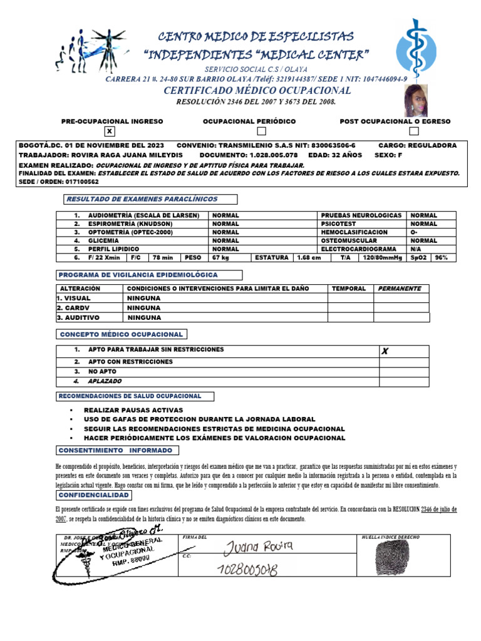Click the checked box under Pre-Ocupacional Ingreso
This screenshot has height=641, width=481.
(110, 131)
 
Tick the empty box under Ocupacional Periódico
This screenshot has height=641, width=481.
(262, 131)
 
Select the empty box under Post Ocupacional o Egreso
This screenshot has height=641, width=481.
(413, 131)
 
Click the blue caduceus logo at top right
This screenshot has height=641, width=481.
(417, 48)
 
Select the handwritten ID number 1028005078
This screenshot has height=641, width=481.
(248, 569)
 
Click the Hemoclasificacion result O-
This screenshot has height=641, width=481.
(414, 232)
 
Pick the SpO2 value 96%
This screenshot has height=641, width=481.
(442, 257)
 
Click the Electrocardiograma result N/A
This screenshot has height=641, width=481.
(415, 249)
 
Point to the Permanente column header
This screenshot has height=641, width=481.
(400, 289)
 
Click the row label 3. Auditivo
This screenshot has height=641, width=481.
(78, 317)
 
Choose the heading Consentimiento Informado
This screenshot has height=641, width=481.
(115, 451)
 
